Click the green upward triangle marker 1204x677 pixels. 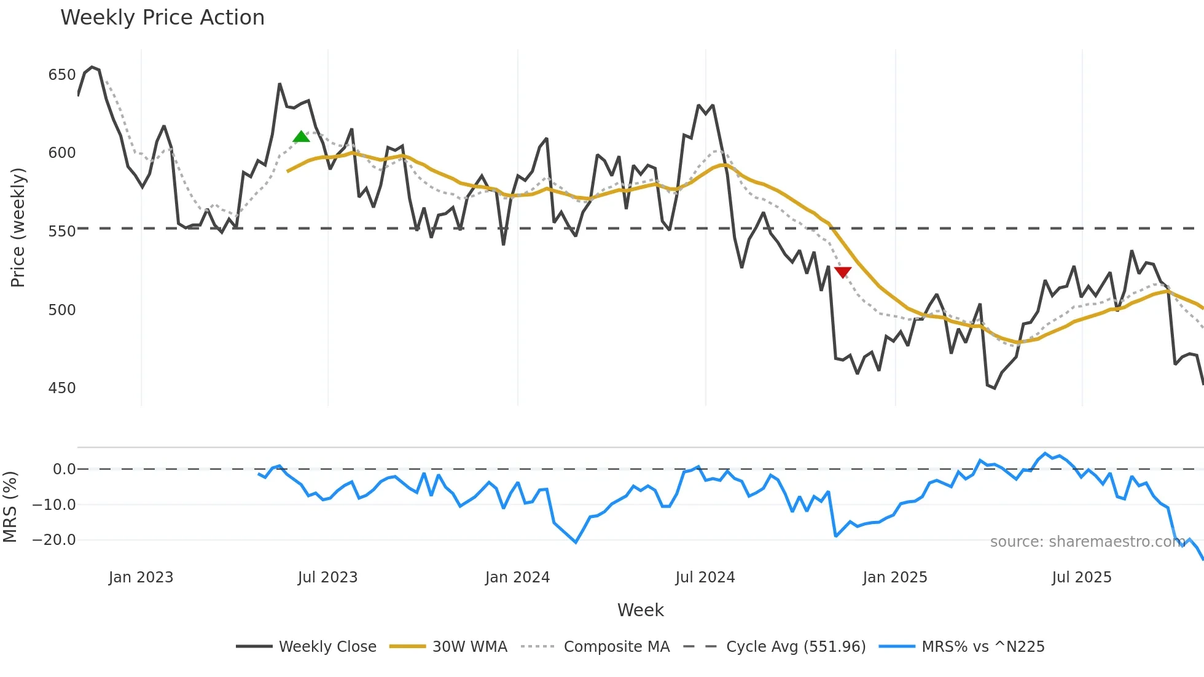(301, 137)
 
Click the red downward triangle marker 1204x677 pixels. (843, 272)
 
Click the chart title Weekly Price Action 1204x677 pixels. (162, 18)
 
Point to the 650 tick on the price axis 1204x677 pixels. (61, 75)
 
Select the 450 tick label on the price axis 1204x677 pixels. (61, 388)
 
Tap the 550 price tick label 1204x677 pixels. (61, 232)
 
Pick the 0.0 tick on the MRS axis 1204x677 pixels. (64, 469)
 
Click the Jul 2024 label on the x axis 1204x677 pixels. (705, 577)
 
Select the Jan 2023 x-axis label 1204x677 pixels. (141, 577)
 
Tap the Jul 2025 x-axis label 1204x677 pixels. (1081, 577)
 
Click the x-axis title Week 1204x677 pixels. (640, 610)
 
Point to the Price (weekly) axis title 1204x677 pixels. (18, 228)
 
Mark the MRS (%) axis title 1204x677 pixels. (10, 507)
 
